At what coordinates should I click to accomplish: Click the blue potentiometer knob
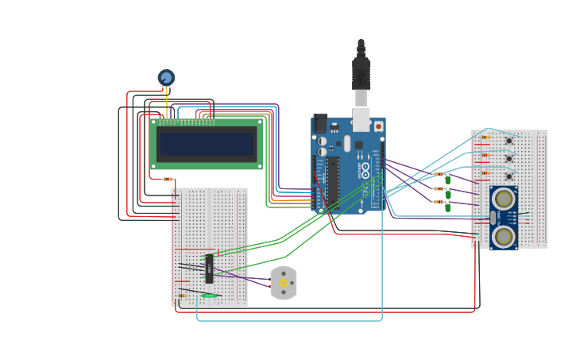click(166, 77)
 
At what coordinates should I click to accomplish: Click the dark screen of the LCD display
click(206, 144)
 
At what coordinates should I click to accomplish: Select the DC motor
click(284, 283)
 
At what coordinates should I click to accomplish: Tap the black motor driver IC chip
click(209, 268)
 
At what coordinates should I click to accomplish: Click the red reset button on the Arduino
click(378, 126)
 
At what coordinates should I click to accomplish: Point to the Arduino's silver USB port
click(361, 119)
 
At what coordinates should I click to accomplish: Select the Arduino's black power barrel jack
click(320, 123)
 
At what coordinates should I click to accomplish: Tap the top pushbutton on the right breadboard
click(508, 141)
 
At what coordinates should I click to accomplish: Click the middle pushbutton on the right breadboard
click(508, 159)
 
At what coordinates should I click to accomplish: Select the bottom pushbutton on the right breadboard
click(508, 176)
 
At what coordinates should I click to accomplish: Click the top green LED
click(448, 180)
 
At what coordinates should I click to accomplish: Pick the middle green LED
click(448, 194)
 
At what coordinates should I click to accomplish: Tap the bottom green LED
click(448, 207)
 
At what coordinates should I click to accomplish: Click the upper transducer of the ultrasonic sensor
click(504, 199)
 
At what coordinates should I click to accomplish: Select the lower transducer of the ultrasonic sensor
click(504, 236)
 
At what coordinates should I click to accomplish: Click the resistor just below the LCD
click(168, 179)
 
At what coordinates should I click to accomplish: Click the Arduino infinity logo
click(365, 169)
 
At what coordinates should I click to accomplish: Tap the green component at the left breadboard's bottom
click(208, 296)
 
